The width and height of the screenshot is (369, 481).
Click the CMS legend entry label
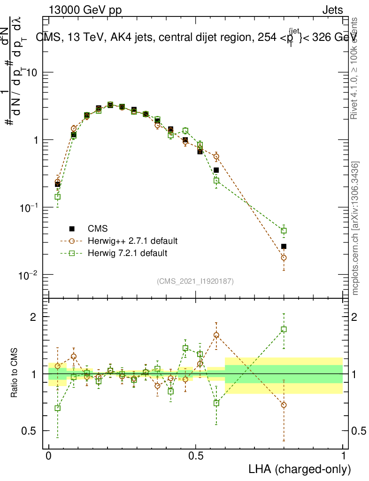[x=98, y=229]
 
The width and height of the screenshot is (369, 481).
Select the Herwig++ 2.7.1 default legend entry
[x=132, y=241]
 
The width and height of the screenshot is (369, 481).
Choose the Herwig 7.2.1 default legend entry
[x=128, y=253]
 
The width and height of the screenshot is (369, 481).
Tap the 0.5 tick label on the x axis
[x=196, y=456]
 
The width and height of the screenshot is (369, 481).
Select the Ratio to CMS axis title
[x=15, y=373]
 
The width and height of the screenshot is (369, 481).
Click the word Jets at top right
[x=332, y=10]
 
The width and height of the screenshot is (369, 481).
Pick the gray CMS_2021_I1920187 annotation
[x=195, y=281]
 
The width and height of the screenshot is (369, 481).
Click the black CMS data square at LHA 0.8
[x=284, y=247]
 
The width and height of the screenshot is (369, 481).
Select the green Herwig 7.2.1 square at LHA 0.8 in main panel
[x=284, y=231]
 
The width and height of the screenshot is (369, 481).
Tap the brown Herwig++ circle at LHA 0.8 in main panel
[x=284, y=257]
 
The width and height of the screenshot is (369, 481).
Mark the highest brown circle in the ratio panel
[x=216, y=335]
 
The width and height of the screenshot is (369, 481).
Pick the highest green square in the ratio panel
[x=284, y=329]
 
